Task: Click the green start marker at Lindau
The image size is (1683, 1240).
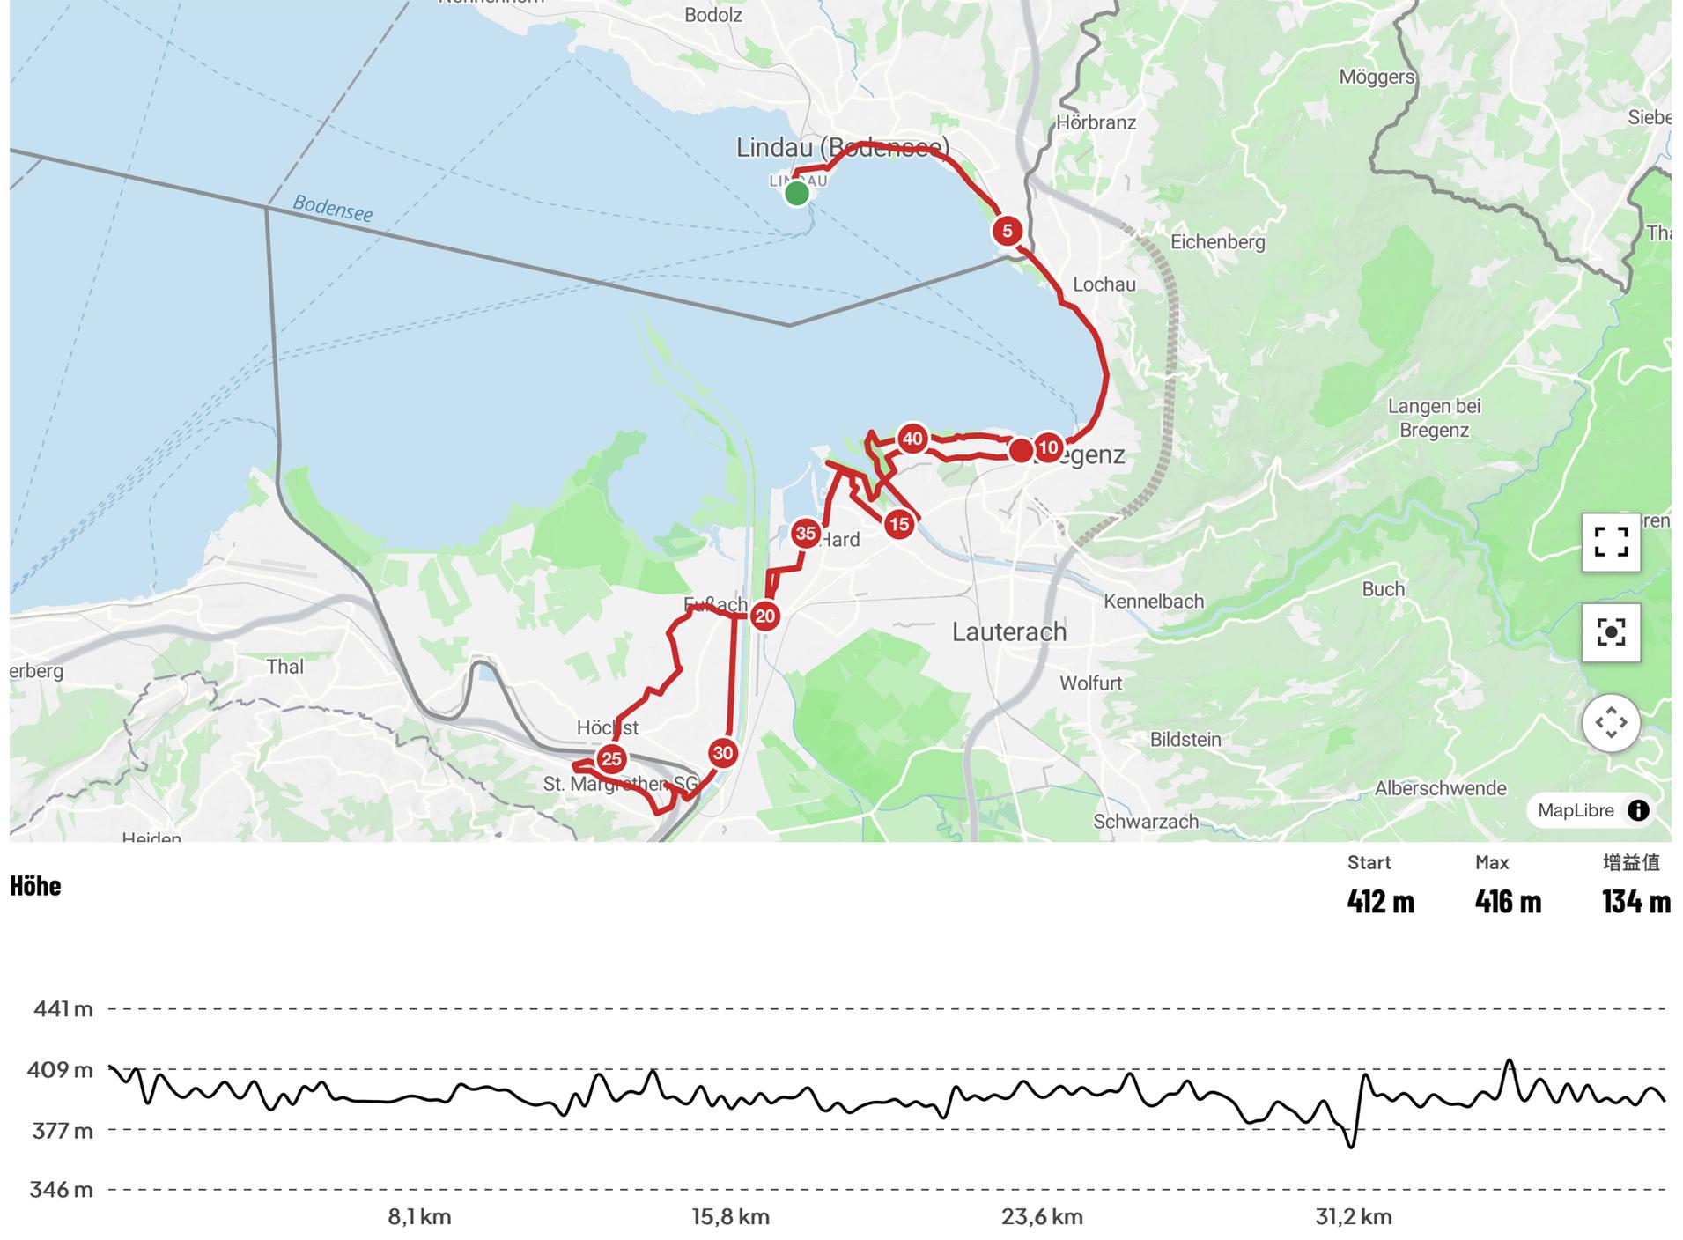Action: (796, 193)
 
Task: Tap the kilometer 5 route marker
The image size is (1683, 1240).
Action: (1007, 231)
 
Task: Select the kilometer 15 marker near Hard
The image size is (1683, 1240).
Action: (898, 525)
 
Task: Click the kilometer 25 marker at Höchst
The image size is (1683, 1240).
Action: (611, 759)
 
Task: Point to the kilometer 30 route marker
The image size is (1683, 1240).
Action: (723, 753)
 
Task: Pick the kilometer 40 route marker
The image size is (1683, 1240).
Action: (912, 439)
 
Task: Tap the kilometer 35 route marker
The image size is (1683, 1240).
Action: (806, 533)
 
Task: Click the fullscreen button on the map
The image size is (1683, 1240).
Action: (1610, 542)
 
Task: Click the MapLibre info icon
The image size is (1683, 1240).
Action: (1638, 810)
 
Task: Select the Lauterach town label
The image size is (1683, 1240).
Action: (1009, 631)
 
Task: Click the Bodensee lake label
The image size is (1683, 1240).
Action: (332, 208)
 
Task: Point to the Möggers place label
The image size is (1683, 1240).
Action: (1376, 77)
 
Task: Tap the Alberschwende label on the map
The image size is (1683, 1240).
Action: (1440, 788)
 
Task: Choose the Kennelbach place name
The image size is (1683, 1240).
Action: (1153, 602)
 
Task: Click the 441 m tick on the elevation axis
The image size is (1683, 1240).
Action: (63, 1008)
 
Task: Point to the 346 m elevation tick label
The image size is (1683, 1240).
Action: (61, 1190)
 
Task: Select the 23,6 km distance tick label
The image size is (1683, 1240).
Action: (1042, 1217)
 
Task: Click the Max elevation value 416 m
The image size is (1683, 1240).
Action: (1508, 901)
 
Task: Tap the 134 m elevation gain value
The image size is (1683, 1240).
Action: (1635, 901)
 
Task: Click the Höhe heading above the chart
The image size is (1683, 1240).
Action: (35, 885)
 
